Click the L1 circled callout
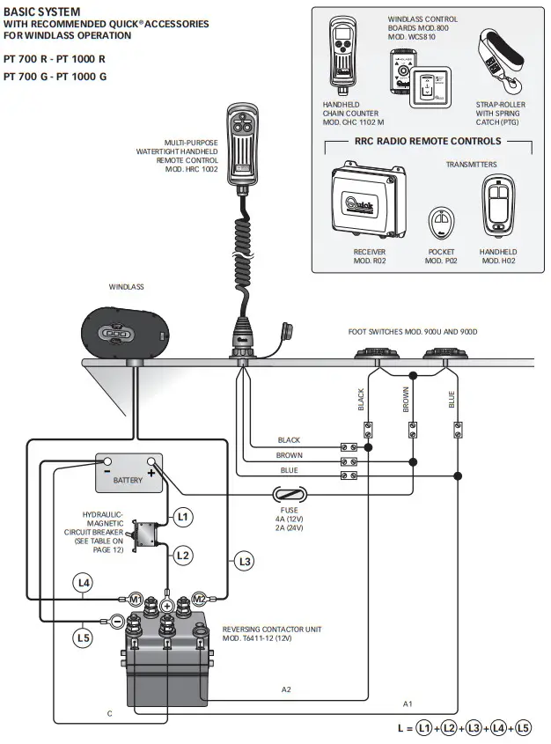[x=181, y=517]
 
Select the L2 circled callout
[x=181, y=555]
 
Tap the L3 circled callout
[x=245, y=560]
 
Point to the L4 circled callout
[x=83, y=582]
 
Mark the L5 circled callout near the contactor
[x=83, y=636]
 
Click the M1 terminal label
[x=136, y=599]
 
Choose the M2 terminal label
[x=199, y=599]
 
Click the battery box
[x=129, y=474]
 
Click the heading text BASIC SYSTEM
[x=41, y=11]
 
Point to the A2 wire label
[x=287, y=688]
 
